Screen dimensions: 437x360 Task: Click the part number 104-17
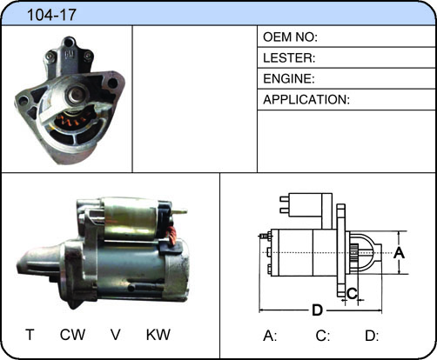point(51,15)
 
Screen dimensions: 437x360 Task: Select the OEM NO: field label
point(290,37)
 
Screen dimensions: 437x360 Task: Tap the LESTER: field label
point(289,58)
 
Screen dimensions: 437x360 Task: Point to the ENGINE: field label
point(289,79)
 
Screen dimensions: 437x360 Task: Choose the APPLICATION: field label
point(306,100)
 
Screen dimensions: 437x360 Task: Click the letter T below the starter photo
point(30,335)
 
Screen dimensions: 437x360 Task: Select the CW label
point(72,335)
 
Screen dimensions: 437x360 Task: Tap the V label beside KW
point(116,335)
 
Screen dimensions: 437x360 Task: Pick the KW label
point(158,335)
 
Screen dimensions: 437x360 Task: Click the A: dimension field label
point(270,337)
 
